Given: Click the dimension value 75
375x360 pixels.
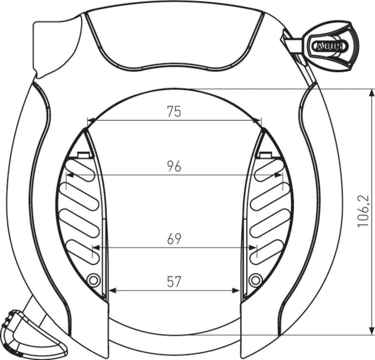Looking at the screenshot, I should click(x=174, y=111).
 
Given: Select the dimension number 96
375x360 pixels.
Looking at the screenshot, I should click(x=174, y=166).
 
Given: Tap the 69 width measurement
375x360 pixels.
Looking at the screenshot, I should click(x=174, y=239).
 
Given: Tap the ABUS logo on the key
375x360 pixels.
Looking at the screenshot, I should click(x=327, y=47).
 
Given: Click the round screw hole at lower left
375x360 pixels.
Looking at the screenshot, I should click(x=93, y=279).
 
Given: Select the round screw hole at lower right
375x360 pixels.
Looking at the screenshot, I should click(x=255, y=279).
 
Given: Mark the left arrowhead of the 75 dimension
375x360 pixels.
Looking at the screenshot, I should click(x=90, y=121).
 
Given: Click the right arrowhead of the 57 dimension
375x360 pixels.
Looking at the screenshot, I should click(x=237, y=290).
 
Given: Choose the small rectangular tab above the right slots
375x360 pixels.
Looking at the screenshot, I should click(x=265, y=155).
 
